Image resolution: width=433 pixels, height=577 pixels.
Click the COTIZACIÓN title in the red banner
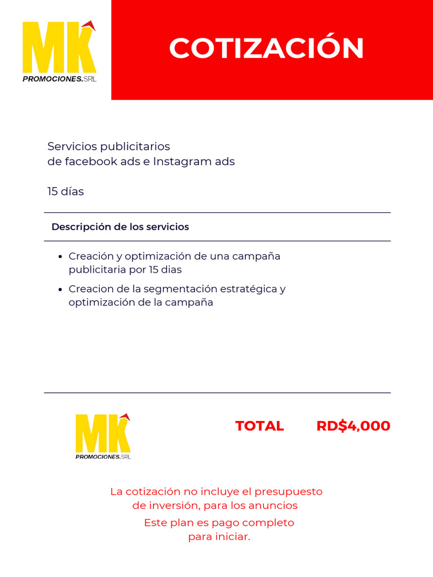pyautogui.click(x=266, y=48)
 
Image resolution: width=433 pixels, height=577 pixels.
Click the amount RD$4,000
pyautogui.click(x=353, y=426)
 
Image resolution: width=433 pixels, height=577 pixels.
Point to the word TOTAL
pyautogui.click(x=259, y=426)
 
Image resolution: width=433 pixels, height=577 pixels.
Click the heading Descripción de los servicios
pyautogui.click(x=120, y=227)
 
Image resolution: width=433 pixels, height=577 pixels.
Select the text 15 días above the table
pyautogui.click(x=65, y=192)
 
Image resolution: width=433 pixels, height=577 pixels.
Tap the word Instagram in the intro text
pyautogui.click(x=175, y=162)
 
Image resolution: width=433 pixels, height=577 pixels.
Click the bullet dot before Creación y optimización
pyautogui.click(x=60, y=257)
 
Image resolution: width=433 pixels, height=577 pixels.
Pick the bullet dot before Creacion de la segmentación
pyautogui.click(x=60, y=290)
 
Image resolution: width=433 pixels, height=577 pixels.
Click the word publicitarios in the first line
pyautogui.click(x=135, y=147)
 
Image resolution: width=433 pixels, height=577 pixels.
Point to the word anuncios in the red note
pyautogui.click(x=273, y=505)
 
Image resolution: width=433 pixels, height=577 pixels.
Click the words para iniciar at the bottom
pyautogui.click(x=219, y=537)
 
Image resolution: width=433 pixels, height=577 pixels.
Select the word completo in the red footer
pyautogui.click(x=264, y=523)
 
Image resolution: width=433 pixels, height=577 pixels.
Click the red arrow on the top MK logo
pyautogui.click(x=89, y=25)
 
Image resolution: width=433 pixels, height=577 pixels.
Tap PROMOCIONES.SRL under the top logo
pyautogui.click(x=59, y=79)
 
